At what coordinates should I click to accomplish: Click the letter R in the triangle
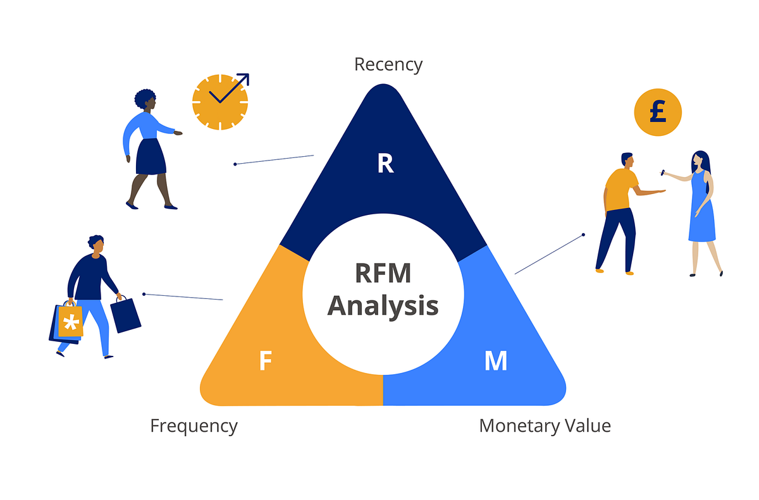pos(385,164)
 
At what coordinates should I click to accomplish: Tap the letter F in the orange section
pos(266,360)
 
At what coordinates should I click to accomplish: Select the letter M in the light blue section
pos(495,360)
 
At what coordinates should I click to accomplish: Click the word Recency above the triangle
pos(388,64)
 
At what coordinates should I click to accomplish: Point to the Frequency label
pos(194,426)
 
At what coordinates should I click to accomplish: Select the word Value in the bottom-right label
pos(589,425)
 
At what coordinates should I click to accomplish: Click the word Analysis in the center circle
pos(383,305)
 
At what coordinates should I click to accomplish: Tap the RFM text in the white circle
pos(383,274)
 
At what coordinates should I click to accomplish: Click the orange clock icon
pos(219,102)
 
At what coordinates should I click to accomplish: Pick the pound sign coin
pos(658,113)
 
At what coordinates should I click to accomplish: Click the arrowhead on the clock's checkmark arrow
pos(244,79)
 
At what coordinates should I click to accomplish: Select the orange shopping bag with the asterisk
pos(70,322)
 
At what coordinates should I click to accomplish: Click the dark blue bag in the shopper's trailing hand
pos(125,315)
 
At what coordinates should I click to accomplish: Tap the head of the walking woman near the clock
pos(145,100)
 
